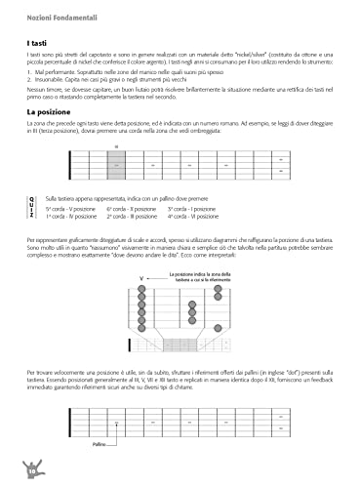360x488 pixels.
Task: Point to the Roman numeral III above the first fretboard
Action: point(115,147)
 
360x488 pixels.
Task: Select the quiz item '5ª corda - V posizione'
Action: point(70,208)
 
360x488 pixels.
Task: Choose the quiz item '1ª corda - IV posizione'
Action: point(70,216)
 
